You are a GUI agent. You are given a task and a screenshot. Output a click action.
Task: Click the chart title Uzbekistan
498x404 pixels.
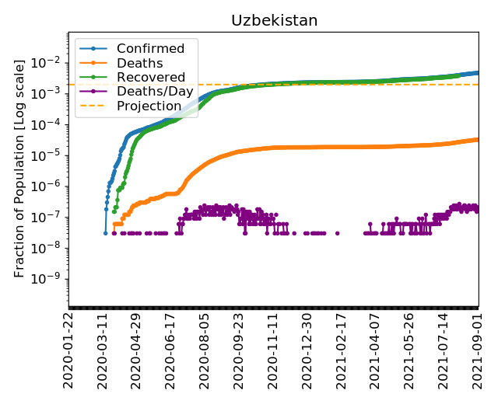pyautogui.click(x=274, y=21)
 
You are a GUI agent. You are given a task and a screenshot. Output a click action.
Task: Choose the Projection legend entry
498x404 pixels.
pyautogui.click(x=149, y=106)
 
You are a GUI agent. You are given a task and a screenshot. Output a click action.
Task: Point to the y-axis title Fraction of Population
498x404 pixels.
pyautogui.click(x=20, y=166)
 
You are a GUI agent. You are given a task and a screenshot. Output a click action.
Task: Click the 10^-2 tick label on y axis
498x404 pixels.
pyautogui.click(x=49, y=62)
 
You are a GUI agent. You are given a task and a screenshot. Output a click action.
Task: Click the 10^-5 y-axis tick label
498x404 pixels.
pyautogui.click(x=49, y=155)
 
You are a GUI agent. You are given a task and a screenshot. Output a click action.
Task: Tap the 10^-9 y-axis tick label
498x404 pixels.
pyautogui.click(x=49, y=279)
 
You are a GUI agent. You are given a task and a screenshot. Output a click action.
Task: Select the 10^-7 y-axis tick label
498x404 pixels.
pyautogui.click(x=49, y=217)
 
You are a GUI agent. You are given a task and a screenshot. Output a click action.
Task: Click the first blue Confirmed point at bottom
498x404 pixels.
pyautogui.click(x=105, y=232)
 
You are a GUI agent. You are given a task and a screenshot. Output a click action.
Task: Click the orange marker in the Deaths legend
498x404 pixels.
pyautogui.click(x=94, y=63)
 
